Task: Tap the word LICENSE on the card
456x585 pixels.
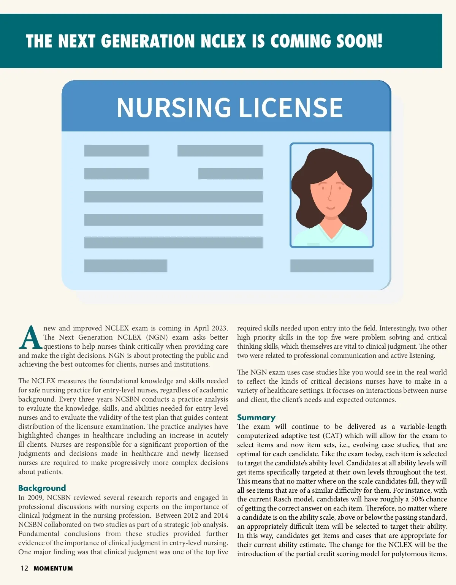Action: click(x=291, y=108)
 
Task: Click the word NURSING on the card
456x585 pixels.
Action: click(x=174, y=108)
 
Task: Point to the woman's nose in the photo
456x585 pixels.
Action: click(x=330, y=196)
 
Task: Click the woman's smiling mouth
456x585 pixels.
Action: click(x=331, y=208)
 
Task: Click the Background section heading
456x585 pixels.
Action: click(x=42, y=488)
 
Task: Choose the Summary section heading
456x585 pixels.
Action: click(x=256, y=417)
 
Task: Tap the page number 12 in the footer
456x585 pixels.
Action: click(x=24, y=568)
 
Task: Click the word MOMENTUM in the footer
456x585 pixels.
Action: click(x=53, y=569)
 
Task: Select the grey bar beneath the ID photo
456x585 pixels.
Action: click(x=332, y=266)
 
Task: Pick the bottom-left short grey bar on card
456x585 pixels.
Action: click(x=126, y=266)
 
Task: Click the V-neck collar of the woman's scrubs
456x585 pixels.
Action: click(x=331, y=231)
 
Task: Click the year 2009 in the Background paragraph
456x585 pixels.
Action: click(x=35, y=498)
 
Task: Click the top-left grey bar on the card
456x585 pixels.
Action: click(x=116, y=150)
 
